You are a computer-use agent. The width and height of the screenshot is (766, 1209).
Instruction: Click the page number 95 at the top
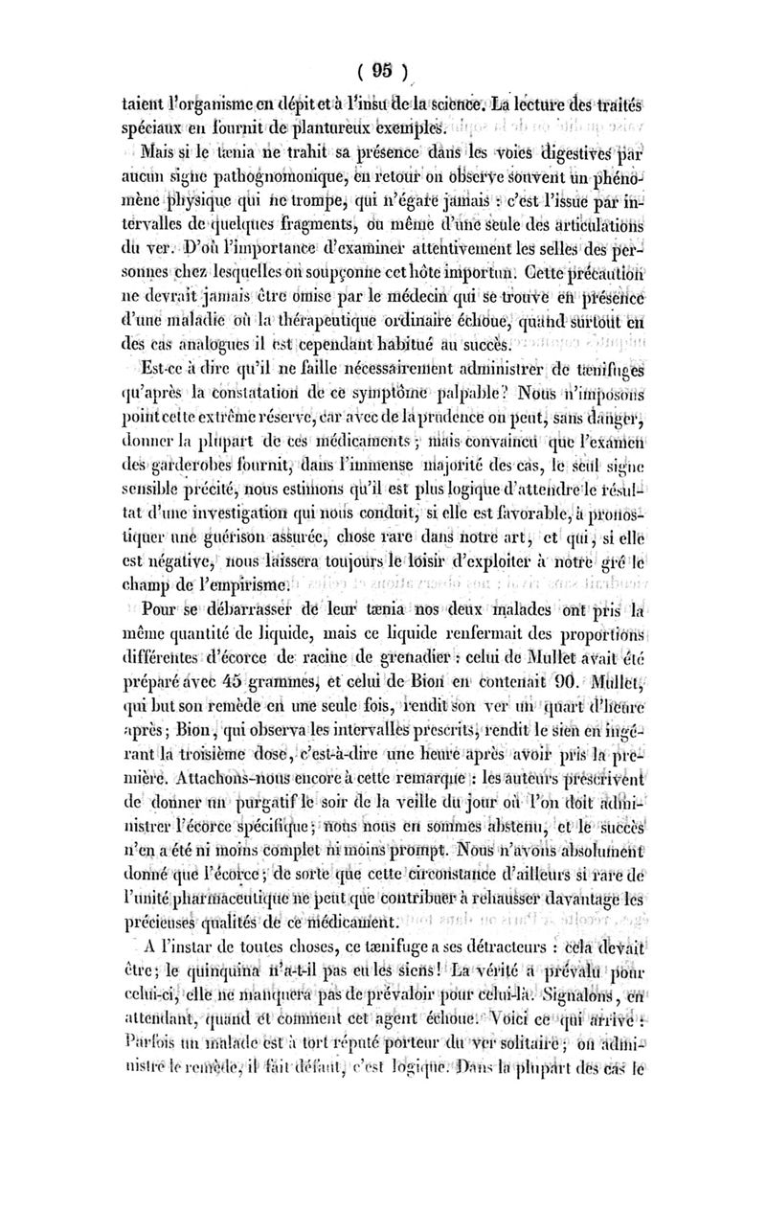click(x=384, y=69)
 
